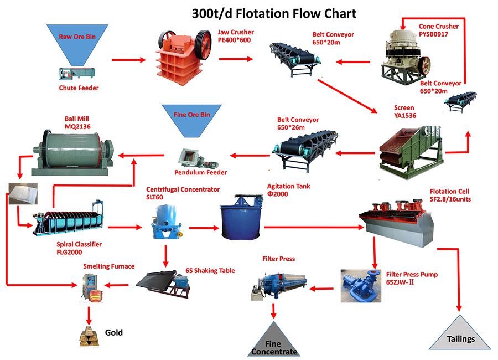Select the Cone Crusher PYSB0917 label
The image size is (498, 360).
(x=439, y=30)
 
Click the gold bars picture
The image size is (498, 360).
(x=90, y=336)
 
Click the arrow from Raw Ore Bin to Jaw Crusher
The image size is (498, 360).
(x=128, y=60)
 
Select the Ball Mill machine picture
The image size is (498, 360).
(x=73, y=153)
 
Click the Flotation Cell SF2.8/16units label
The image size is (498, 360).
(x=450, y=196)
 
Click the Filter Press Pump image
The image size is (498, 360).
(x=361, y=286)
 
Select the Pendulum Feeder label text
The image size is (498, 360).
(x=201, y=172)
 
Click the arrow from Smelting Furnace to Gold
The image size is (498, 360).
(x=89, y=316)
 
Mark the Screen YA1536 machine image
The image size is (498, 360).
(x=411, y=152)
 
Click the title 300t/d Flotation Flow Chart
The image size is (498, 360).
(x=274, y=14)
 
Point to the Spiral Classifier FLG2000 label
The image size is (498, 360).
(x=79, y=248)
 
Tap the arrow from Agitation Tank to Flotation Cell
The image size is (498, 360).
(x=314, y=227)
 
